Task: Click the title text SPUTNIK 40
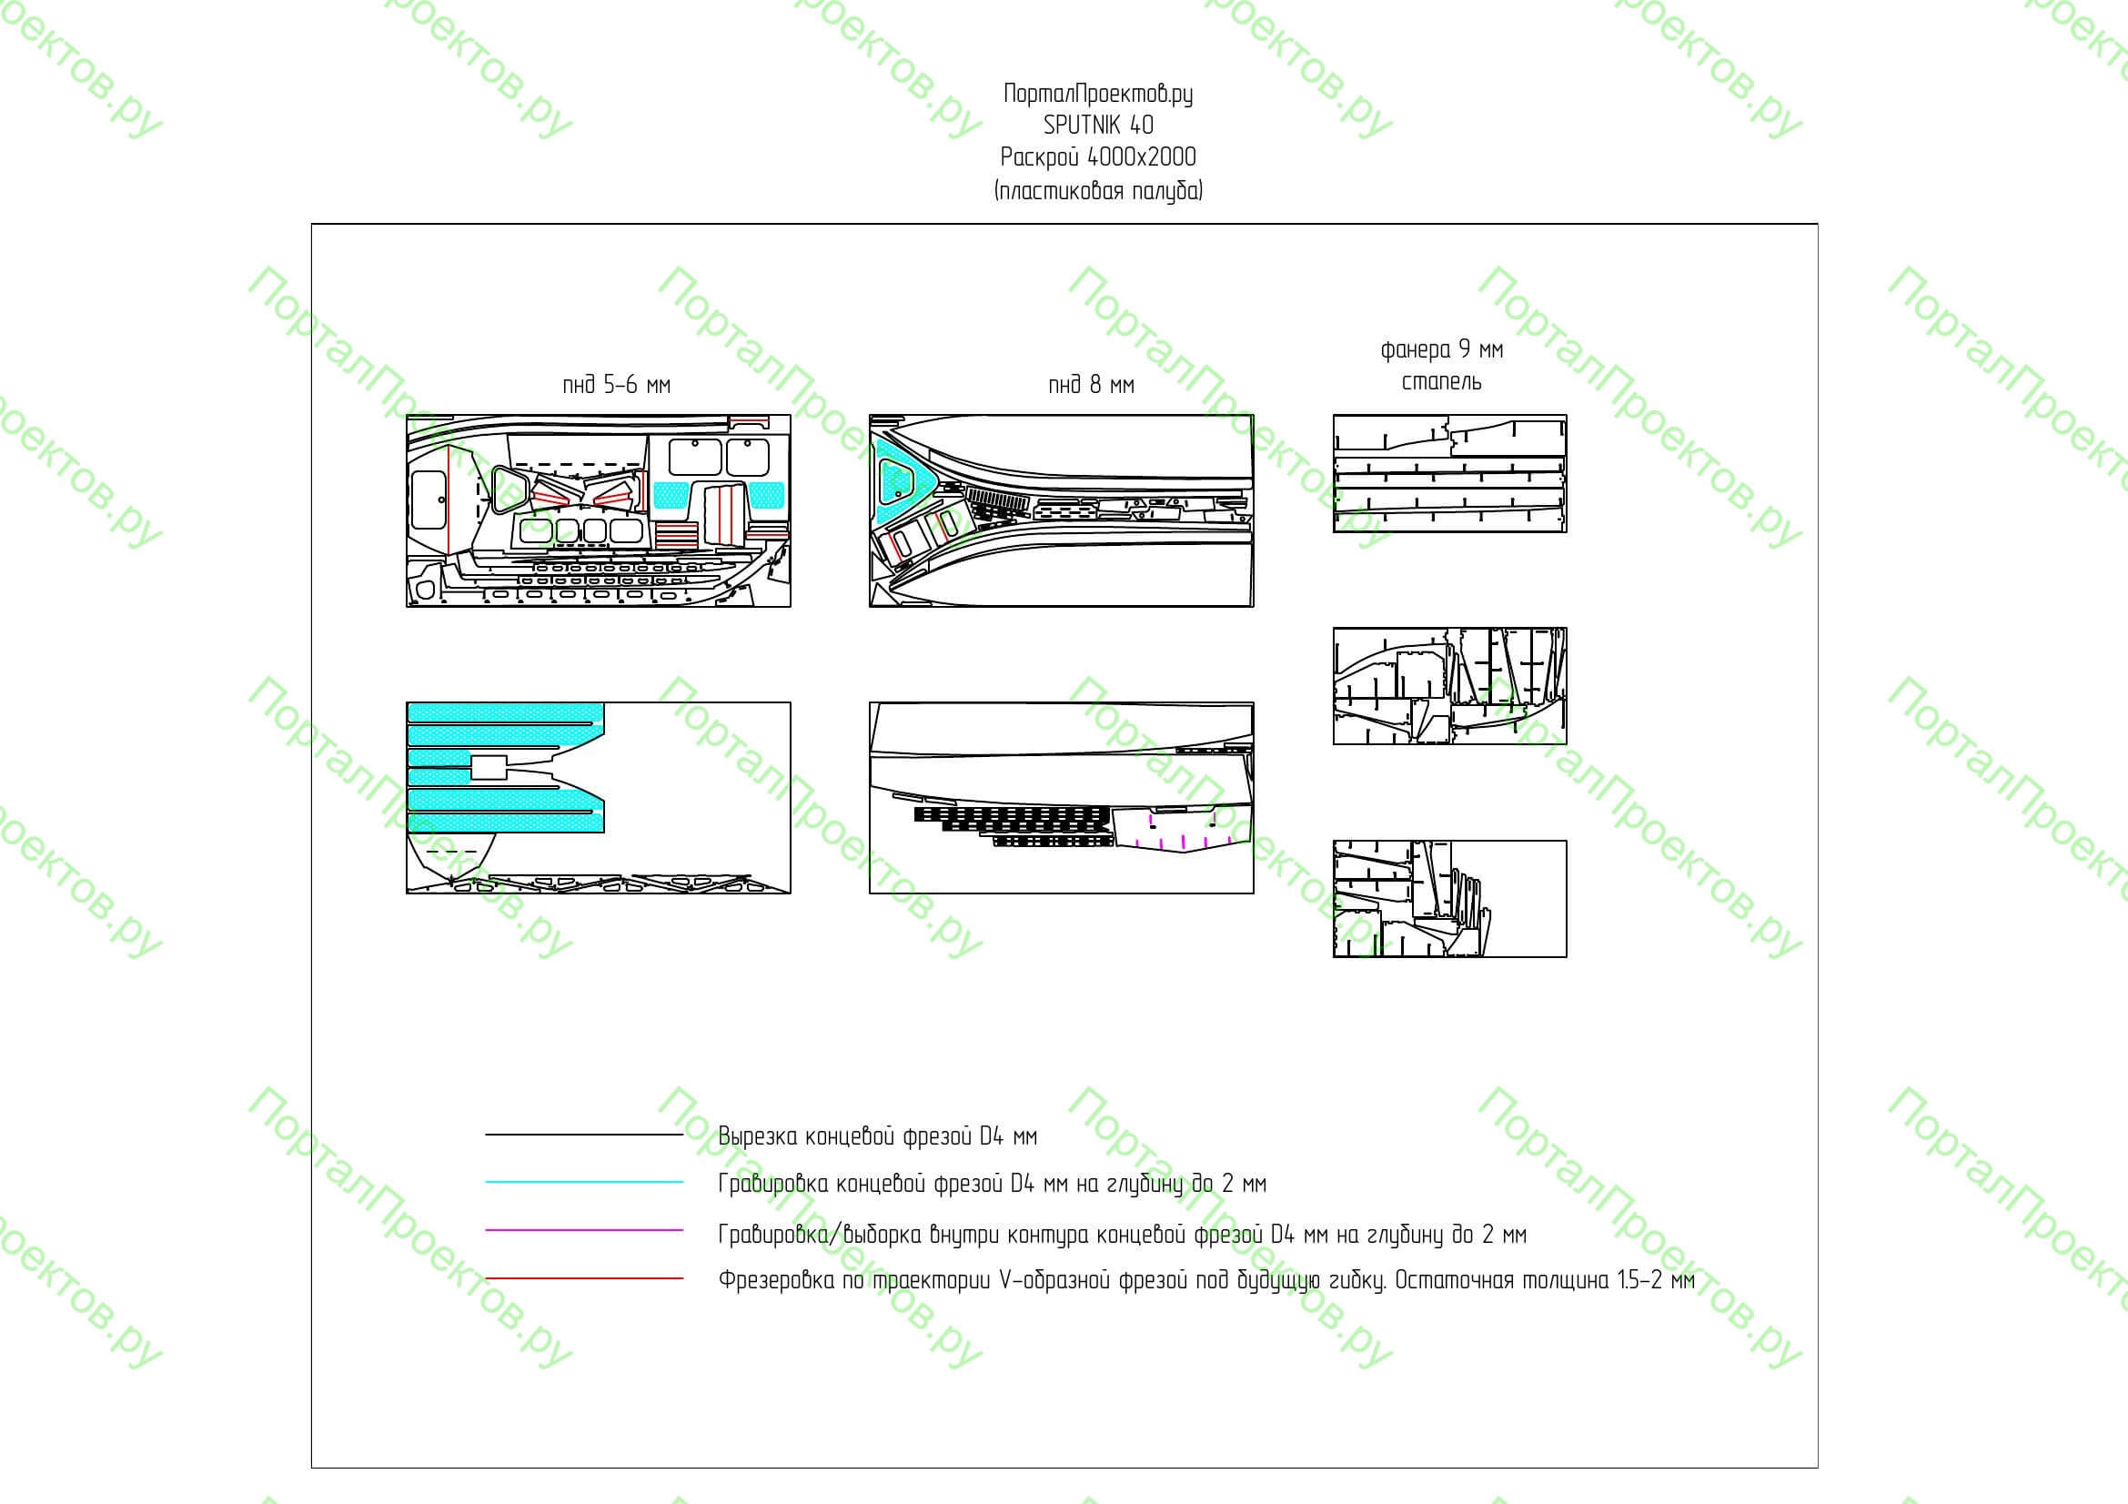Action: [1098, 124]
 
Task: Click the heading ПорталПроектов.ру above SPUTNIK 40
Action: [1098, 94]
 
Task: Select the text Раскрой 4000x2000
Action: [1098, 156]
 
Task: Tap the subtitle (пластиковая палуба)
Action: [1098, 191]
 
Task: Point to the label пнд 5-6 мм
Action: [616, 385]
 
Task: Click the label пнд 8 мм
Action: [1091, 385]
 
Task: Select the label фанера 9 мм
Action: [1441, 349]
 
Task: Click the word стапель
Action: [1441, 381]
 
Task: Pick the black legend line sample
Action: [584, 1135]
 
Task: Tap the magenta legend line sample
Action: [584, 1231]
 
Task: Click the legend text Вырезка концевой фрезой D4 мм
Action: [878, 1136]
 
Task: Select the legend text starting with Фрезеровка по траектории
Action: [1206, 1281]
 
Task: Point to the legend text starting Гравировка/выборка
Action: [1123, 1235]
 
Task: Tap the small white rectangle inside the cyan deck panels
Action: [489, 767]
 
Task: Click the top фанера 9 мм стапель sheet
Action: [1449, 473]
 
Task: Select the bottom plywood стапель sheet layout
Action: [1449, 899]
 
